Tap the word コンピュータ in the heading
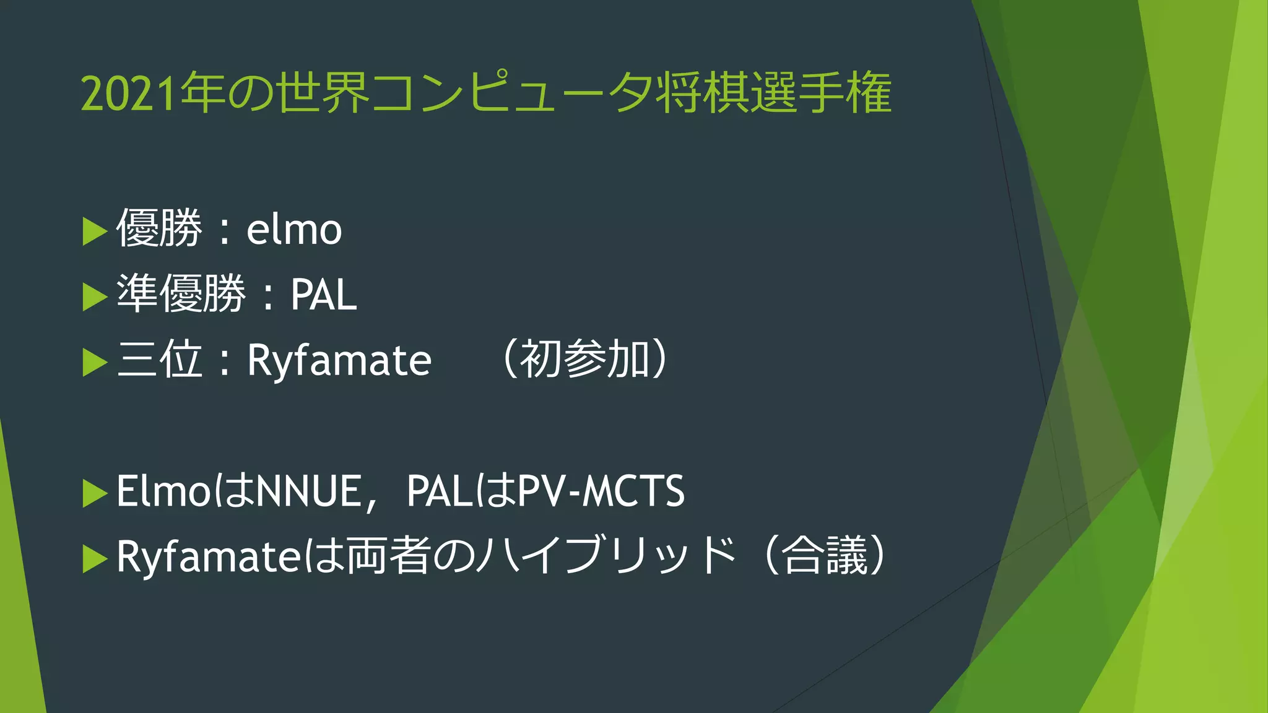513,94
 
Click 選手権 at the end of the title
821,94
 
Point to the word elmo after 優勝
294,230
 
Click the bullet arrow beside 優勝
94,231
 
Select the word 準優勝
181,293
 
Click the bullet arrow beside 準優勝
94,296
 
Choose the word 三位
159,359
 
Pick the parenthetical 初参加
584,359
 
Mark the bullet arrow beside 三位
94,362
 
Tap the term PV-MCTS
601,491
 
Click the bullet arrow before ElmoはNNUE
94,493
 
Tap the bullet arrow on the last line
94,559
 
